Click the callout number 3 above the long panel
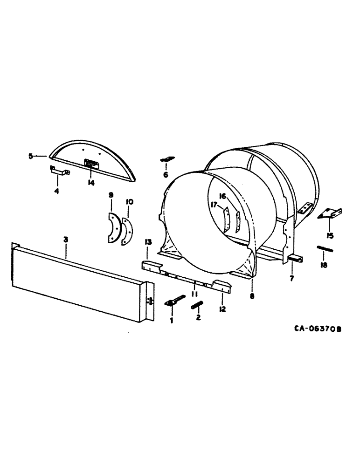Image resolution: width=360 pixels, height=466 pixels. [x=66, y=239]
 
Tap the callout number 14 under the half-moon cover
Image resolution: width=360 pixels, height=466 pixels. [x=90, y=183]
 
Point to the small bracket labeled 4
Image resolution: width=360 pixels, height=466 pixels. [x=60, y=171]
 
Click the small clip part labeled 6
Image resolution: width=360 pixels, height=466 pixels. [x=166, y=159]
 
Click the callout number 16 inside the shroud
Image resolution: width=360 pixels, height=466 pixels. [x=222, y=196]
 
